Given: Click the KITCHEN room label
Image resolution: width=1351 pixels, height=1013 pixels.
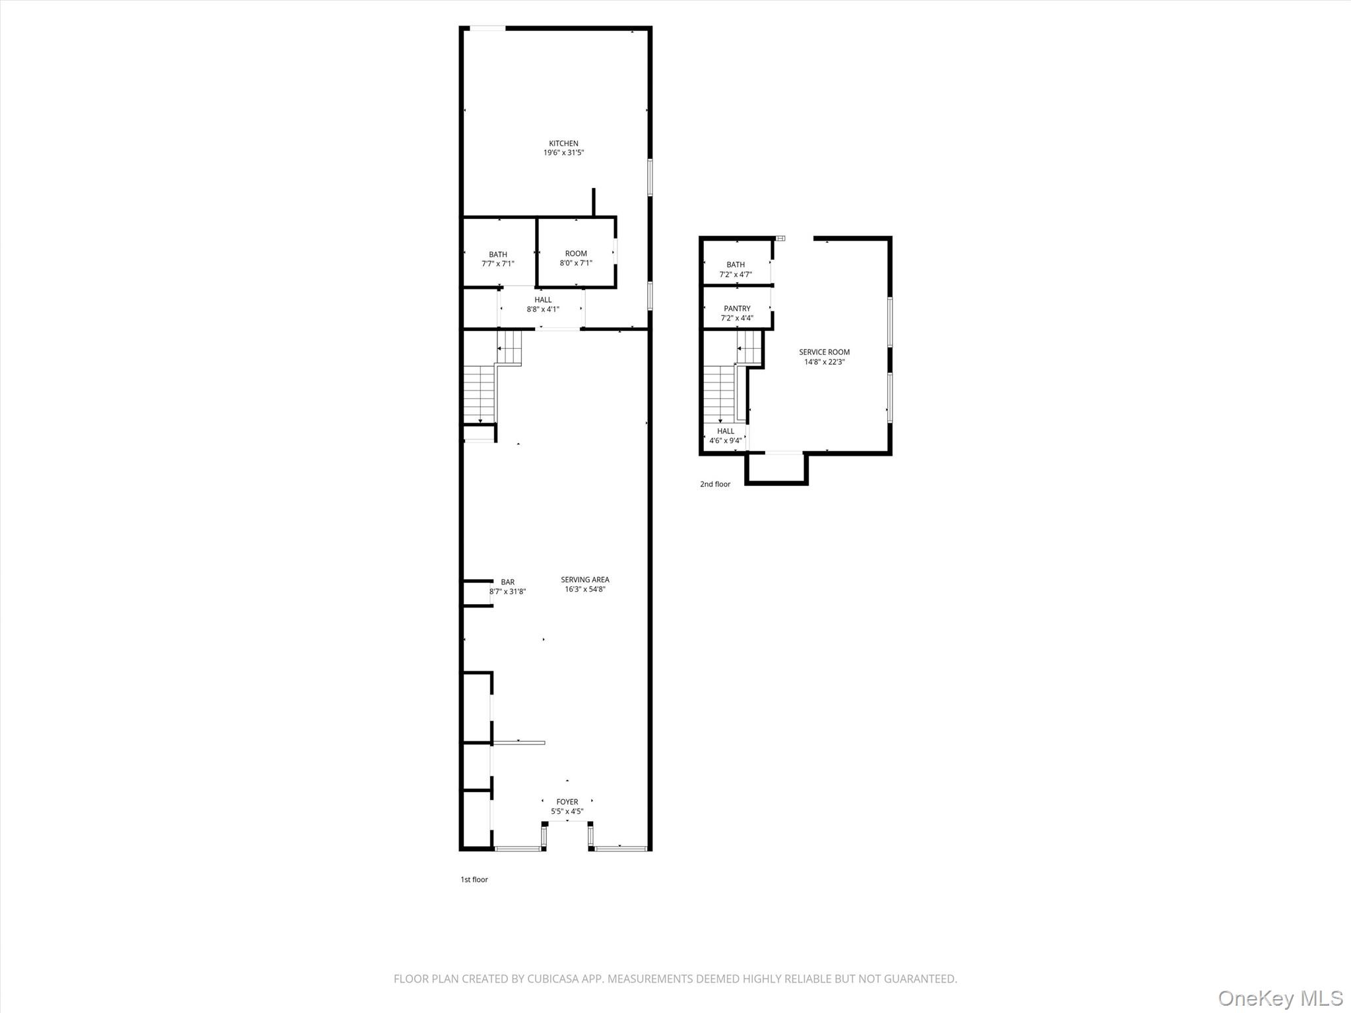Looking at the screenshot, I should click(x=563, y=143).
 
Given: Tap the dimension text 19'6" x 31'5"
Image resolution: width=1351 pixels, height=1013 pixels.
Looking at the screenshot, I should click(x=563, y=153).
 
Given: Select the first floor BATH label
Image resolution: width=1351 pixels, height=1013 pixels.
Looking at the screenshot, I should click(x=498, y=255).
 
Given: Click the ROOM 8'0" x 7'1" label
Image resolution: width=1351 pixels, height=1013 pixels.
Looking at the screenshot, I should click(x=576, y=258).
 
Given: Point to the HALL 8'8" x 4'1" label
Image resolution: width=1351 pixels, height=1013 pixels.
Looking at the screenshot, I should click(x=543, y=304).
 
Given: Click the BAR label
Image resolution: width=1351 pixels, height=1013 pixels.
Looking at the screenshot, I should click(x=507, y=582).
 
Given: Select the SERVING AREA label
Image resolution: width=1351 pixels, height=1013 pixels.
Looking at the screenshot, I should click(x=585, y=580).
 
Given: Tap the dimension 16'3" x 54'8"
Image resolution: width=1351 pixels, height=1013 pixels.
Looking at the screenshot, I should click(x=585, y=590).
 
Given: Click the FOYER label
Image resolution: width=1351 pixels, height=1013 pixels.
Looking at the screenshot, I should click(x=567, y=802).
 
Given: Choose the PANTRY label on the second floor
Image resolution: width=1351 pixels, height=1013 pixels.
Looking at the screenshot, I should click(x=737, y=309).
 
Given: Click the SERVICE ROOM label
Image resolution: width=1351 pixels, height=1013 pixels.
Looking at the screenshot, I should click(x=825, y=352).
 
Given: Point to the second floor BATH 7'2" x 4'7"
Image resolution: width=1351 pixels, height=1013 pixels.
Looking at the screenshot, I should click(x=736, y=269).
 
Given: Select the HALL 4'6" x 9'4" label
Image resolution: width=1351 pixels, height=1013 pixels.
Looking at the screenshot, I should click(x=726, y=435).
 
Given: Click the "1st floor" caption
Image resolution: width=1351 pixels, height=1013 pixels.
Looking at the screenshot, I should click(x=474, y=880).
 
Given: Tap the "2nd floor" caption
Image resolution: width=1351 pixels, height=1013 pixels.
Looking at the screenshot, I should click(x=715, y=484).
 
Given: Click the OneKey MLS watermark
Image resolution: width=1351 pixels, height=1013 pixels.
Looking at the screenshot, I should click(x=1280, y=998).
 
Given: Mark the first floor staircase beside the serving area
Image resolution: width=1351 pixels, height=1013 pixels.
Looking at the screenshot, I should click(x=480, y=393).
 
